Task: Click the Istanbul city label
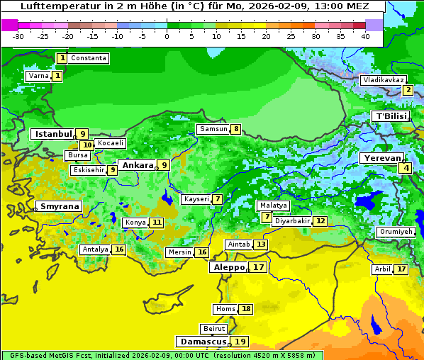pyautogui.click(x=54, y=133)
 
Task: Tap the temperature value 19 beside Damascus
pyautogui.click(x=240, y=342)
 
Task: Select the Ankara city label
pyautogui.click(x=137, y=165)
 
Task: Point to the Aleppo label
pyautogui.click(x=228, y=268)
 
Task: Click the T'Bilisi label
pyautogui.click(x=391, y=116)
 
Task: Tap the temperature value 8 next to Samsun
pyautogui.click(x=235, y=129)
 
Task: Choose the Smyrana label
pyautogui.click(x=59, y=206)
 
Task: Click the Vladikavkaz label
pyautogui.click(x=384, y=80)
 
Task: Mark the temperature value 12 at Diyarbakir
pyautogui.click(x=320, y=221)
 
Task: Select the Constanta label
pyautogui.click(x=89, y=58)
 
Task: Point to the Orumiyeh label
pyautogui.click(x=395, y=232)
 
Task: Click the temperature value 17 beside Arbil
pyautogui.click(x=401, y=269)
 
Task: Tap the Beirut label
pyautogui.click(x=214, y=329)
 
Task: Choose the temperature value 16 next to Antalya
pyautogui.click(x=119, y=249)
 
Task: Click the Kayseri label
pyautogui.click(x=196, y=199)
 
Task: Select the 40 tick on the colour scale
pyautogui.click(x=365, y=35)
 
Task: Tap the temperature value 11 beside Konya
pyautogui.click(x=157, y=223)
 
